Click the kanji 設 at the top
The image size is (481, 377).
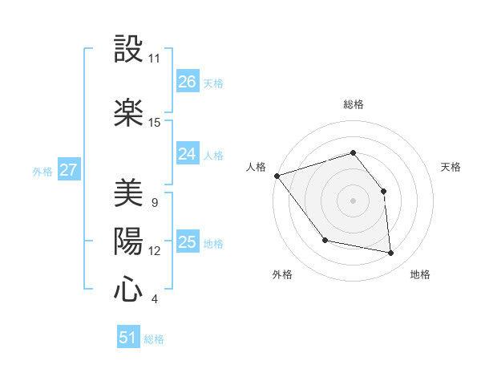(128, 50)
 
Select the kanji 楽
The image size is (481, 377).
(128, 112)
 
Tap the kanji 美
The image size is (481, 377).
(128, 193)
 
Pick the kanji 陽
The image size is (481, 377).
(128, 241)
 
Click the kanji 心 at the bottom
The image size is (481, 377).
(128, 289)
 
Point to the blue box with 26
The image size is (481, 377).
(188, 82)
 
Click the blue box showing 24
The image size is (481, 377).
(188, 154)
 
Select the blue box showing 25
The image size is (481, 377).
(188, 242)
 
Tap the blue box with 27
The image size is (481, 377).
(69, 170)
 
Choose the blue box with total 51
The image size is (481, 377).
(128, 338)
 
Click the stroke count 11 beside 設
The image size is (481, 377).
(155, 59)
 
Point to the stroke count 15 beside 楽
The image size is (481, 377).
(155, 123)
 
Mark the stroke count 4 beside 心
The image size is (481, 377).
(154, 299)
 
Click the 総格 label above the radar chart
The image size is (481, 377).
(354, 104)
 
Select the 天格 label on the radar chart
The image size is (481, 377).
(451, 167)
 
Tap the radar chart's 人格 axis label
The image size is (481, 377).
(256, 167)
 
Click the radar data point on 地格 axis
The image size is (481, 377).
(390, 253)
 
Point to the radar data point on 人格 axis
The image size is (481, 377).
(277, 176)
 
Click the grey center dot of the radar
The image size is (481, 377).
(354, 201)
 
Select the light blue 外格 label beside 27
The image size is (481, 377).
(42, 171)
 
